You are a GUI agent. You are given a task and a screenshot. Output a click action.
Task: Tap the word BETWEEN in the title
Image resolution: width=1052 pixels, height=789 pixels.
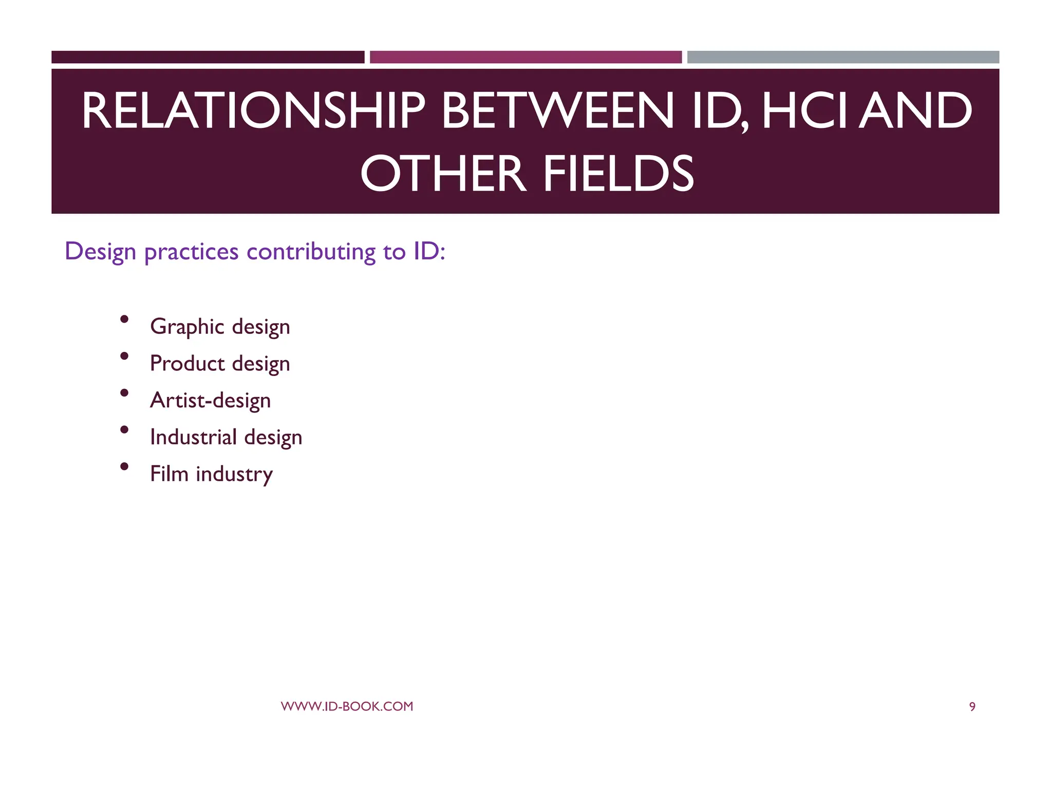(557, 110)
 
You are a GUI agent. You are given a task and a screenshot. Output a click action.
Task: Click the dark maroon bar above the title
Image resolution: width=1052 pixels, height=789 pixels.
(208, 57)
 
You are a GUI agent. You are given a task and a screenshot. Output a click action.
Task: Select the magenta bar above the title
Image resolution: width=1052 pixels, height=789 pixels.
(525, 57)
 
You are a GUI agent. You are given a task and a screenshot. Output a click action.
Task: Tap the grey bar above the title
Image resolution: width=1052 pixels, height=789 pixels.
(843, 57)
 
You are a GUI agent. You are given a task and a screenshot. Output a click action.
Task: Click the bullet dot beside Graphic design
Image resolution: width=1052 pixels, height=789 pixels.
(124, 319)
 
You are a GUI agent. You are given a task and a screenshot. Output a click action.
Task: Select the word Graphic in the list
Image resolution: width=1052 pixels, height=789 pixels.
(187, 327)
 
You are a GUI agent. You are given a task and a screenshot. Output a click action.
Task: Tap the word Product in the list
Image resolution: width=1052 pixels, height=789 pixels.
(187, 363)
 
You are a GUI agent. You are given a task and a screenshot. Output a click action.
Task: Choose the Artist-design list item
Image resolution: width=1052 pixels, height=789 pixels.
(210, 401)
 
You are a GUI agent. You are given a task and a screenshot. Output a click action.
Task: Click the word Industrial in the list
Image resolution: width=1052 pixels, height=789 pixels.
(193, 437)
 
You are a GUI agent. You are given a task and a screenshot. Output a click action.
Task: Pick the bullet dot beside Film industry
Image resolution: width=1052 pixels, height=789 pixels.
(124, 466)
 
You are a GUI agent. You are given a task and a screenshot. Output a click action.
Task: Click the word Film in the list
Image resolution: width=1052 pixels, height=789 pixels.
(169, 474)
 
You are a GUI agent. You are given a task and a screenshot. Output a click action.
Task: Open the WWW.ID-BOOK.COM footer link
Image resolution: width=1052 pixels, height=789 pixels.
(347, 706)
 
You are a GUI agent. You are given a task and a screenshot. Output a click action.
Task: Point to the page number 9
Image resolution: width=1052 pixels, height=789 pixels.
(972, 707)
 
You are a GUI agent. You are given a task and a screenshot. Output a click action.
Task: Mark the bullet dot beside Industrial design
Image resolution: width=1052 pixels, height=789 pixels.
(124, 429)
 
